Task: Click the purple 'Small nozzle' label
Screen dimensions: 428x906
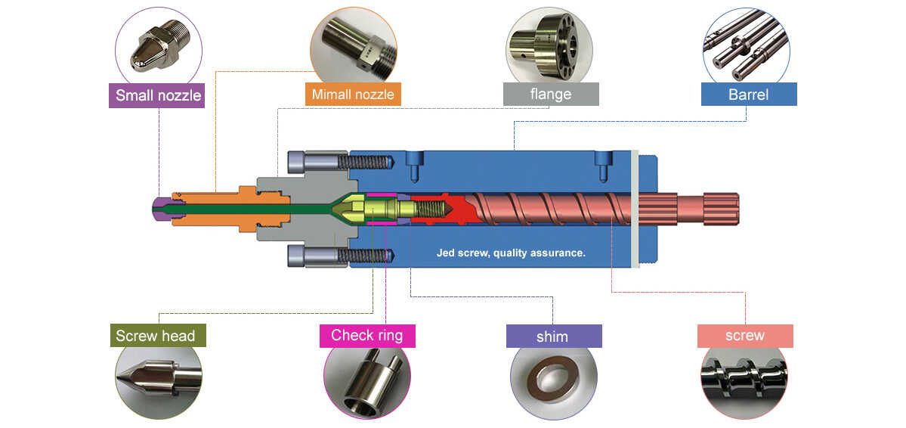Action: tap(159, 96)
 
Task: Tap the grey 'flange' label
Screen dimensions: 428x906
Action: tap(551, 95)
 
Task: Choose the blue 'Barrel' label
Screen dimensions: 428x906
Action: tap(748, 94)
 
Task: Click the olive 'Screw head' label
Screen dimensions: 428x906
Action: tap(156, 336)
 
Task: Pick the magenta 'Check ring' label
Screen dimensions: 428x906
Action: tap(367, 335)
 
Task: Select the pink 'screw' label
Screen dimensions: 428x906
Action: tap(744, 336)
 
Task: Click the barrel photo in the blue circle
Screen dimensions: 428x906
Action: tap(746, 47)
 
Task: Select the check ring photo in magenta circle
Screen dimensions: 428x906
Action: tap(367, 380)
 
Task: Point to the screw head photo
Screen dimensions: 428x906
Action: tap(159, 377)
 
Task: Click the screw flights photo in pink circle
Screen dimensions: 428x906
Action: tap(745, 380)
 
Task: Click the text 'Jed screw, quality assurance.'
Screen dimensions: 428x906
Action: tap(511, 253)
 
